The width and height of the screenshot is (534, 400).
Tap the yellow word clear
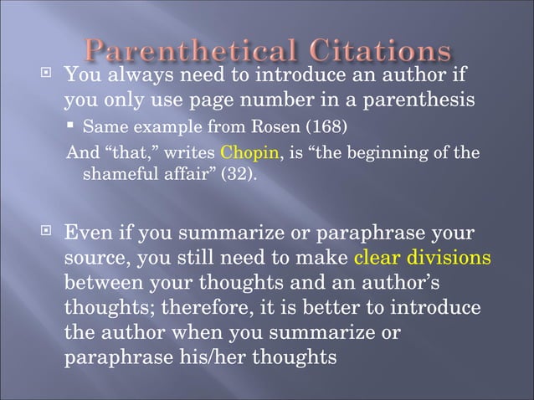tap(380, 256)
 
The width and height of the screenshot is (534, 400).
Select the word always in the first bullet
tap(137, 77)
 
